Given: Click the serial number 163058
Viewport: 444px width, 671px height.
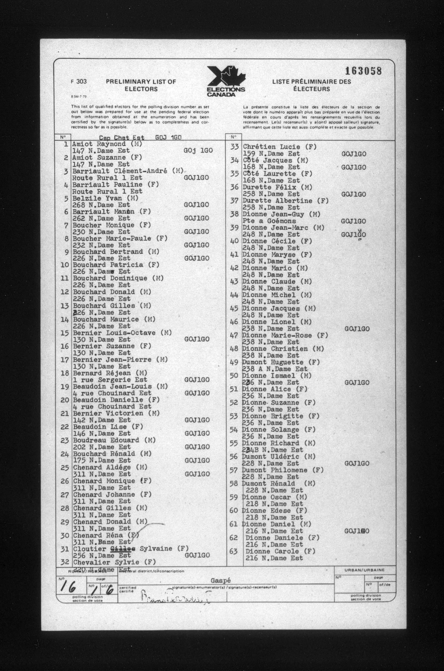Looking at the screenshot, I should point(363,71).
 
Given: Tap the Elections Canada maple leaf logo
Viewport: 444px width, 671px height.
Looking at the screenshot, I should point(226,82).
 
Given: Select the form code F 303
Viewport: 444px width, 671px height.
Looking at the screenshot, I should point(79,82).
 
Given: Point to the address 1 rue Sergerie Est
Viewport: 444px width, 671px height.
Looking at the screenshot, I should point(110,380).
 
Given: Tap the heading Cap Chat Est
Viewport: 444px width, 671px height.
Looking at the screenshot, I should point(121,138).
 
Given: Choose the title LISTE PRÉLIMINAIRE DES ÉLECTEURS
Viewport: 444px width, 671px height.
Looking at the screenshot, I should point(311,85).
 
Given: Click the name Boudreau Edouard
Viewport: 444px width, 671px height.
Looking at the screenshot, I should point(106,440).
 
